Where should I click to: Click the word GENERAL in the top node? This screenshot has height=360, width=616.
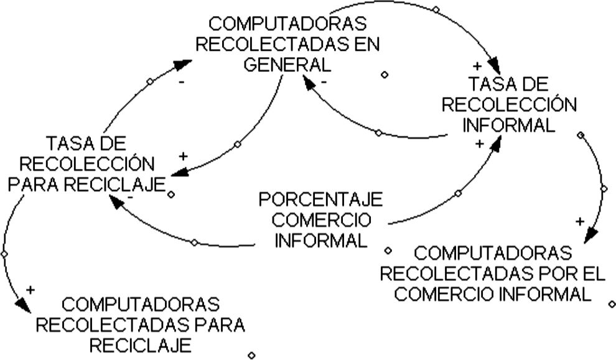coord(287,64)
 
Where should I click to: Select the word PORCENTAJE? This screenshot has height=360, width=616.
coord(321,200)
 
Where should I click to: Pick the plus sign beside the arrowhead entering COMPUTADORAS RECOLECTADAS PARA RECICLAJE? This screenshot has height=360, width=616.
coord(30,290)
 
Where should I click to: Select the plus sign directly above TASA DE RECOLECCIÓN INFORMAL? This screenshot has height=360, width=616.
coord(477,65)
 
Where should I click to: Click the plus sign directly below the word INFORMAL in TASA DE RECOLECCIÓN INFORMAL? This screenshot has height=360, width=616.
coord(479,144)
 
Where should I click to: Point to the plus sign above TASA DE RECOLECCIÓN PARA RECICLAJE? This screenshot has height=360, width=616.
coord(183,156)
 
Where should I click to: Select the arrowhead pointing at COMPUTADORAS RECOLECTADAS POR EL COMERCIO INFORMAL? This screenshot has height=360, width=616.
coord(590,235)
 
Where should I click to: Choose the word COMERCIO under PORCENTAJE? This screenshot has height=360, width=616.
coord(321,221)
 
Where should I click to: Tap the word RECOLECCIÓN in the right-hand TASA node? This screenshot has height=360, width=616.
coord(509,104)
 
